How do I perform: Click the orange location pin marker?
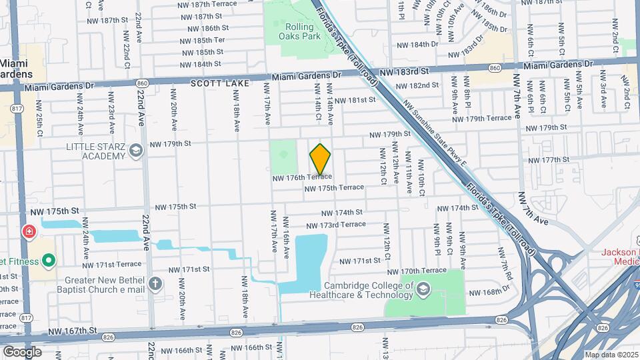tap(321, 159)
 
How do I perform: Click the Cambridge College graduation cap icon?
tap(425, 287)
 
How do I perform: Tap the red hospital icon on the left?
tap(29, 233)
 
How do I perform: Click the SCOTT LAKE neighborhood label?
tap(219, 83)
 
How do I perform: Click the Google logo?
tap(22, 351)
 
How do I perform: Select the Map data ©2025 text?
tap(611, 355)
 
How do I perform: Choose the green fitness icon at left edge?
tap(48, 259)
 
